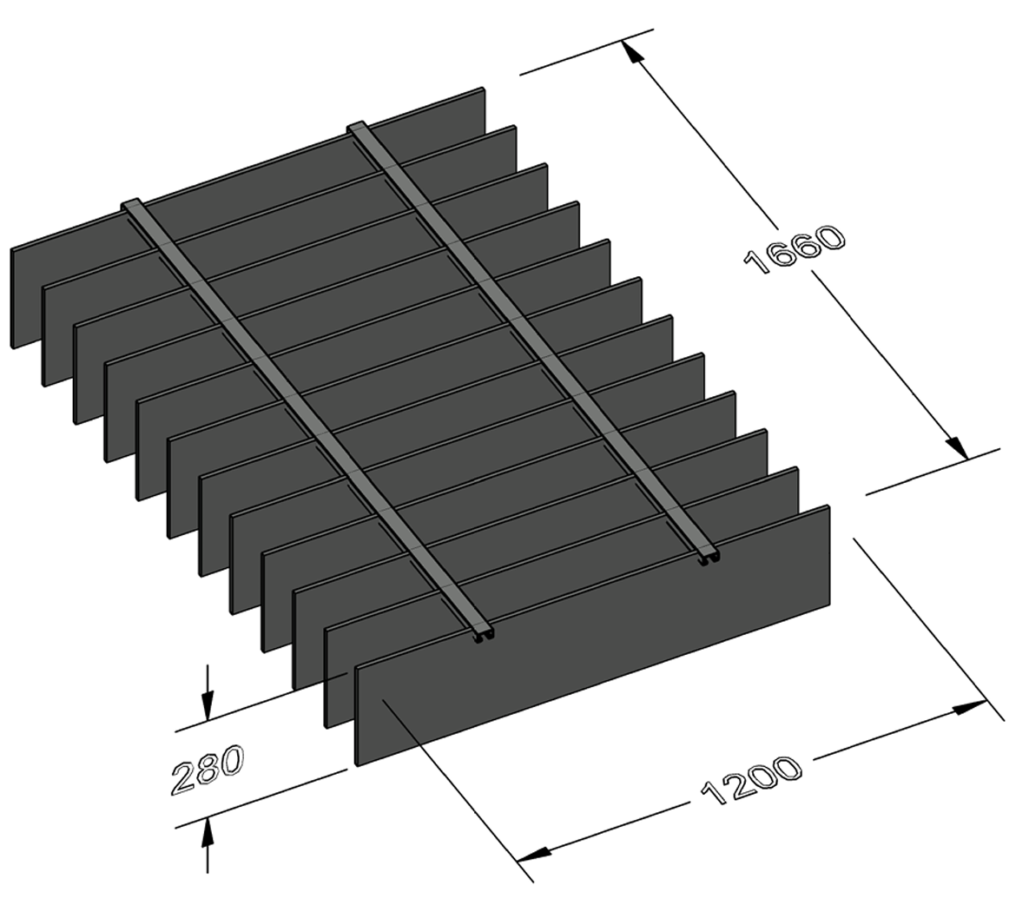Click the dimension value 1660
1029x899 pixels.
[795, 249]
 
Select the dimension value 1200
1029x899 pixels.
[749, 781]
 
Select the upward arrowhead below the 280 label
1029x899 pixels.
[207, 833]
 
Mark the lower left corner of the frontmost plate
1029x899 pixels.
[358, 763]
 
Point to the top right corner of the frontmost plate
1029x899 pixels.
[827, 507]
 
